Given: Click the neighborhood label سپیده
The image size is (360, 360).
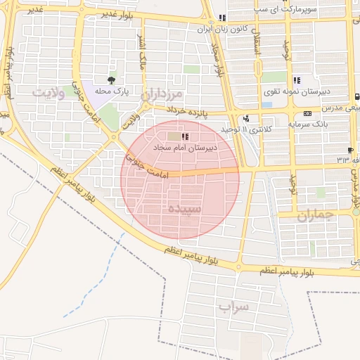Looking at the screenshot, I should tap(185, 209).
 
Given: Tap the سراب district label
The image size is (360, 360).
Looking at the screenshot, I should tap(233, 307).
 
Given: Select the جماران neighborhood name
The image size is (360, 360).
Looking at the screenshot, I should tap(312, 216).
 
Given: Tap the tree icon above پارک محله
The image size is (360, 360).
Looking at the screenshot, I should tap(110, 79).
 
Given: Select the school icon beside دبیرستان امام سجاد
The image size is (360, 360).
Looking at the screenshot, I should tap(185, 137).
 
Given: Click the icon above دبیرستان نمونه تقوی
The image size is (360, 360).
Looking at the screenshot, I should tap(297, 80).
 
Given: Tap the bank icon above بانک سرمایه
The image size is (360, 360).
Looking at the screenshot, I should tap(307, 113).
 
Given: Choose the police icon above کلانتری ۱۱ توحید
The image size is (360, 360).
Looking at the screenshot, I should tap(245, 119).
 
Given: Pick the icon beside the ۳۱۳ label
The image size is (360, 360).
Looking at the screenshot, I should tap(350, 150).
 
